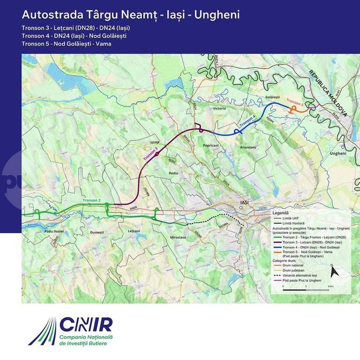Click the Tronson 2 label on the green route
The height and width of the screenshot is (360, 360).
[92, 200]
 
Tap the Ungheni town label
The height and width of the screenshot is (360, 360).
[338, 153]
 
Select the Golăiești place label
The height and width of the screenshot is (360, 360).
[272, 96]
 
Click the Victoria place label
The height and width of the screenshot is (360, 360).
[219, 108]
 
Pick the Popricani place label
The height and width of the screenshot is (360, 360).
[211, 145]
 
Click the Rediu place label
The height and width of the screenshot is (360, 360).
[174, 173]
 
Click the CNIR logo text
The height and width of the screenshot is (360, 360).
[85, 325]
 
